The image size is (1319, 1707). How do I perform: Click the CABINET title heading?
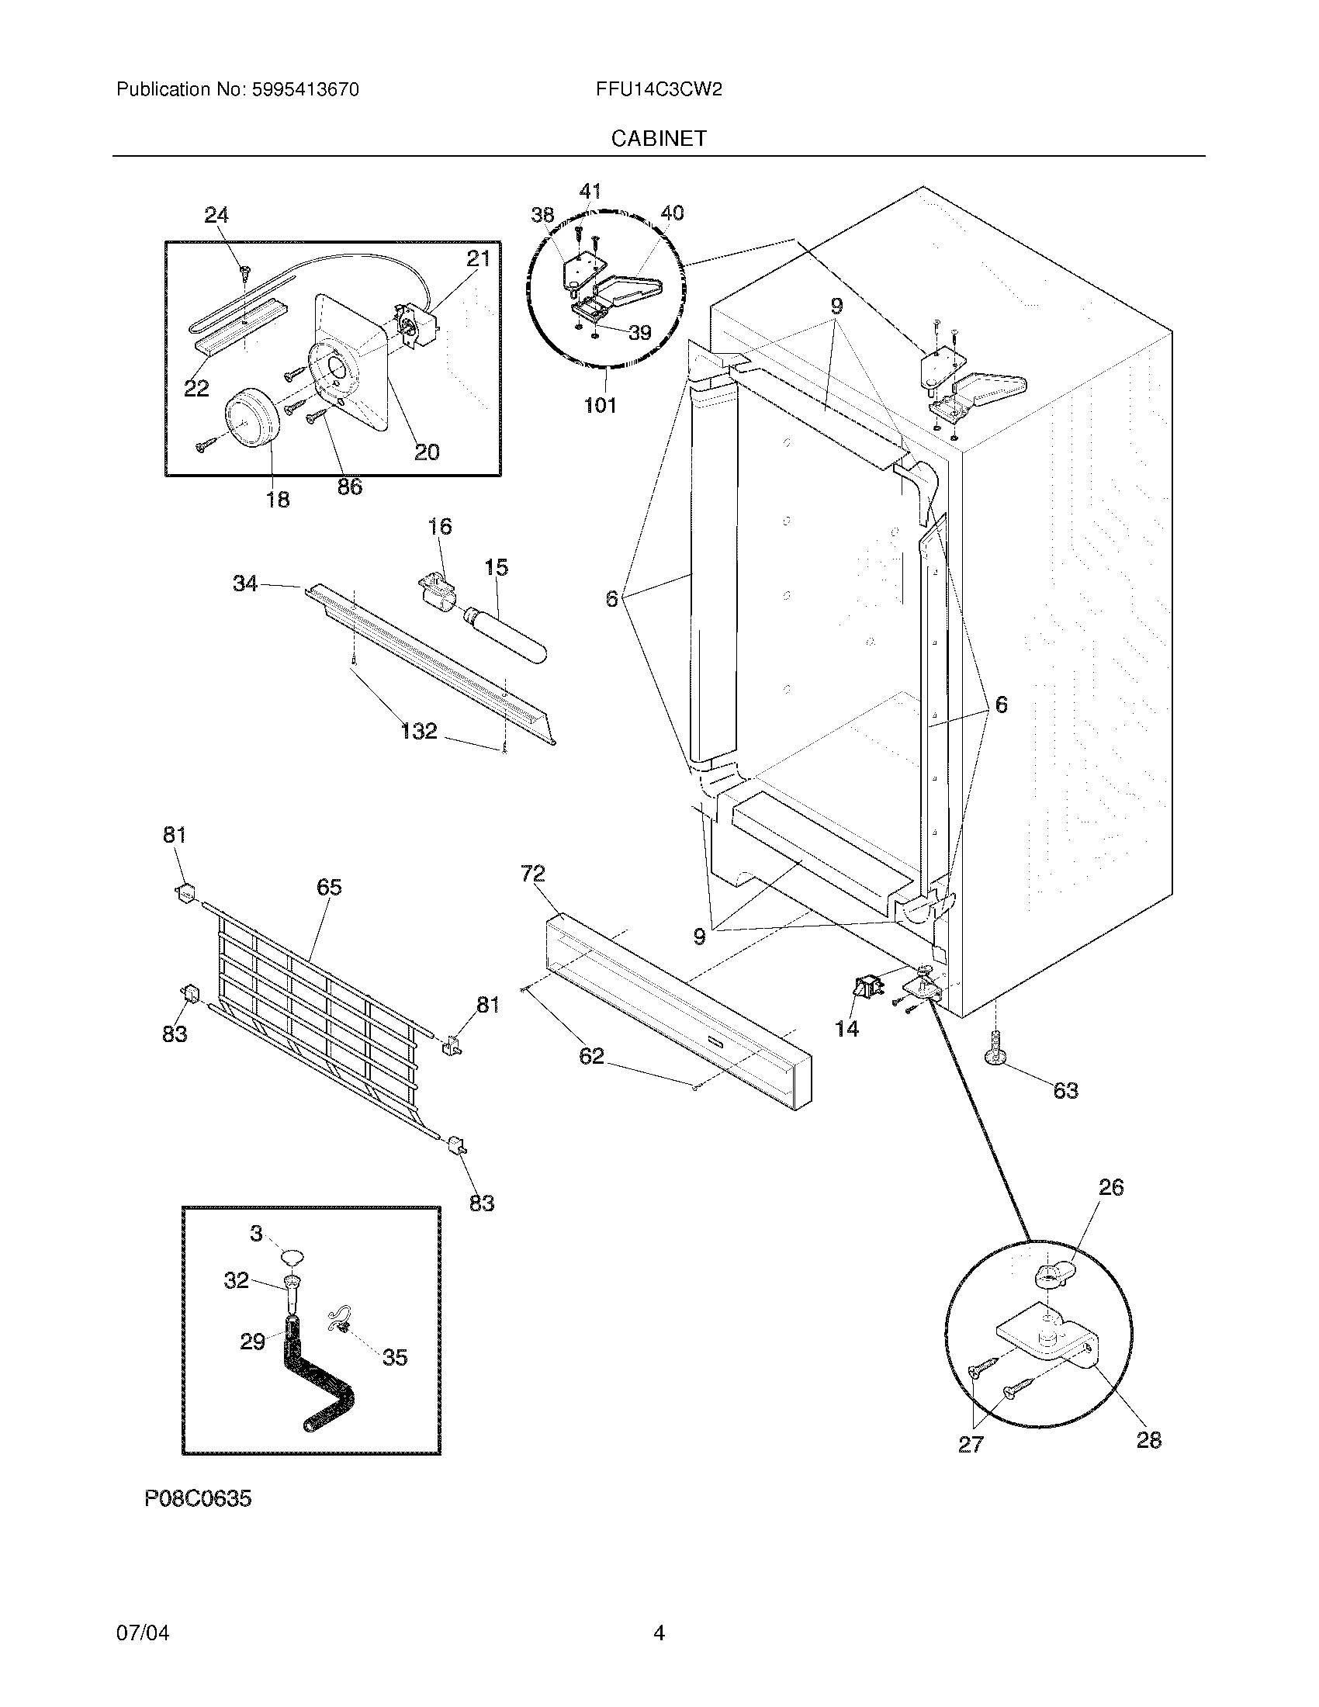(658, 138)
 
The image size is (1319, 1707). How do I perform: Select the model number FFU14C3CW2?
(658, 90)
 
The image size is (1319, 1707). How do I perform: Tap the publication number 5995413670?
(306, 90)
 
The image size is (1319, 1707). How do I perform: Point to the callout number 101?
(600, 405)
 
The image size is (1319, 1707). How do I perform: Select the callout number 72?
(532, 873)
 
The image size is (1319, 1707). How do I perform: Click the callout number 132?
(419, 731)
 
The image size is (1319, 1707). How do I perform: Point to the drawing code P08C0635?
(198, 1498)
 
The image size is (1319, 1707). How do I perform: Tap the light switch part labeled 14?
(865, 989)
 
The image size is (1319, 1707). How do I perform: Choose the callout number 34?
(244, 583)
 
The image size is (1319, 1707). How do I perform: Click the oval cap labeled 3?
(292, 1258)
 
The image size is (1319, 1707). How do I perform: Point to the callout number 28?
(1148, 1439)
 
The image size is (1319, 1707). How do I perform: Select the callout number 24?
(216, 215)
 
